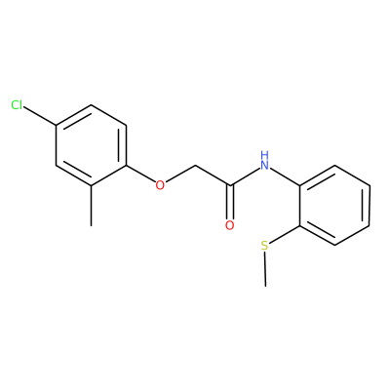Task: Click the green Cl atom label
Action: [x=17, y=105]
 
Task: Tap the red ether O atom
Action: [x=160, y=185]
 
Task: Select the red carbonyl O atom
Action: [x=230, y=225]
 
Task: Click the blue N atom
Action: [x=265, y=166]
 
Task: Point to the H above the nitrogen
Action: [x=265, y=154]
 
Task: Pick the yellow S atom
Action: [x=265, y=246]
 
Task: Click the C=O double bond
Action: [x=230, y=202]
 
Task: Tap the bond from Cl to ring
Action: [x=40, y=116]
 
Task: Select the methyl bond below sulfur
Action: [x=265, y=269]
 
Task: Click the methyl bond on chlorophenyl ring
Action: [x=92, y=206]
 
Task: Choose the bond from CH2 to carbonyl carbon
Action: [x=213, y=175]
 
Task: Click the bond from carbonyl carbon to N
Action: [x=245, y=177]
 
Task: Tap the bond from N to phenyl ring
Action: [x=285, y=177]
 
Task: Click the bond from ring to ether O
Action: [x=140, y=175]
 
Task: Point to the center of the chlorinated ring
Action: [x=91, y=145]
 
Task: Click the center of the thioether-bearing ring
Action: [x=334, y=206]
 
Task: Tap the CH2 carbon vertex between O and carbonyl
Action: [x=195, y=166]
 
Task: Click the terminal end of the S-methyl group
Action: [x=265, y=287]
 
